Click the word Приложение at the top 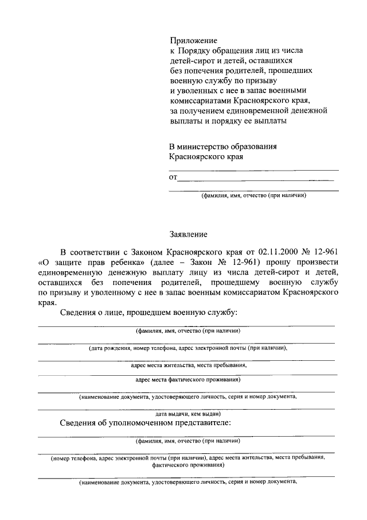click(193, 40)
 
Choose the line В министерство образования click(223, 146)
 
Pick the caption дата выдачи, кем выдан click(188, 413)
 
